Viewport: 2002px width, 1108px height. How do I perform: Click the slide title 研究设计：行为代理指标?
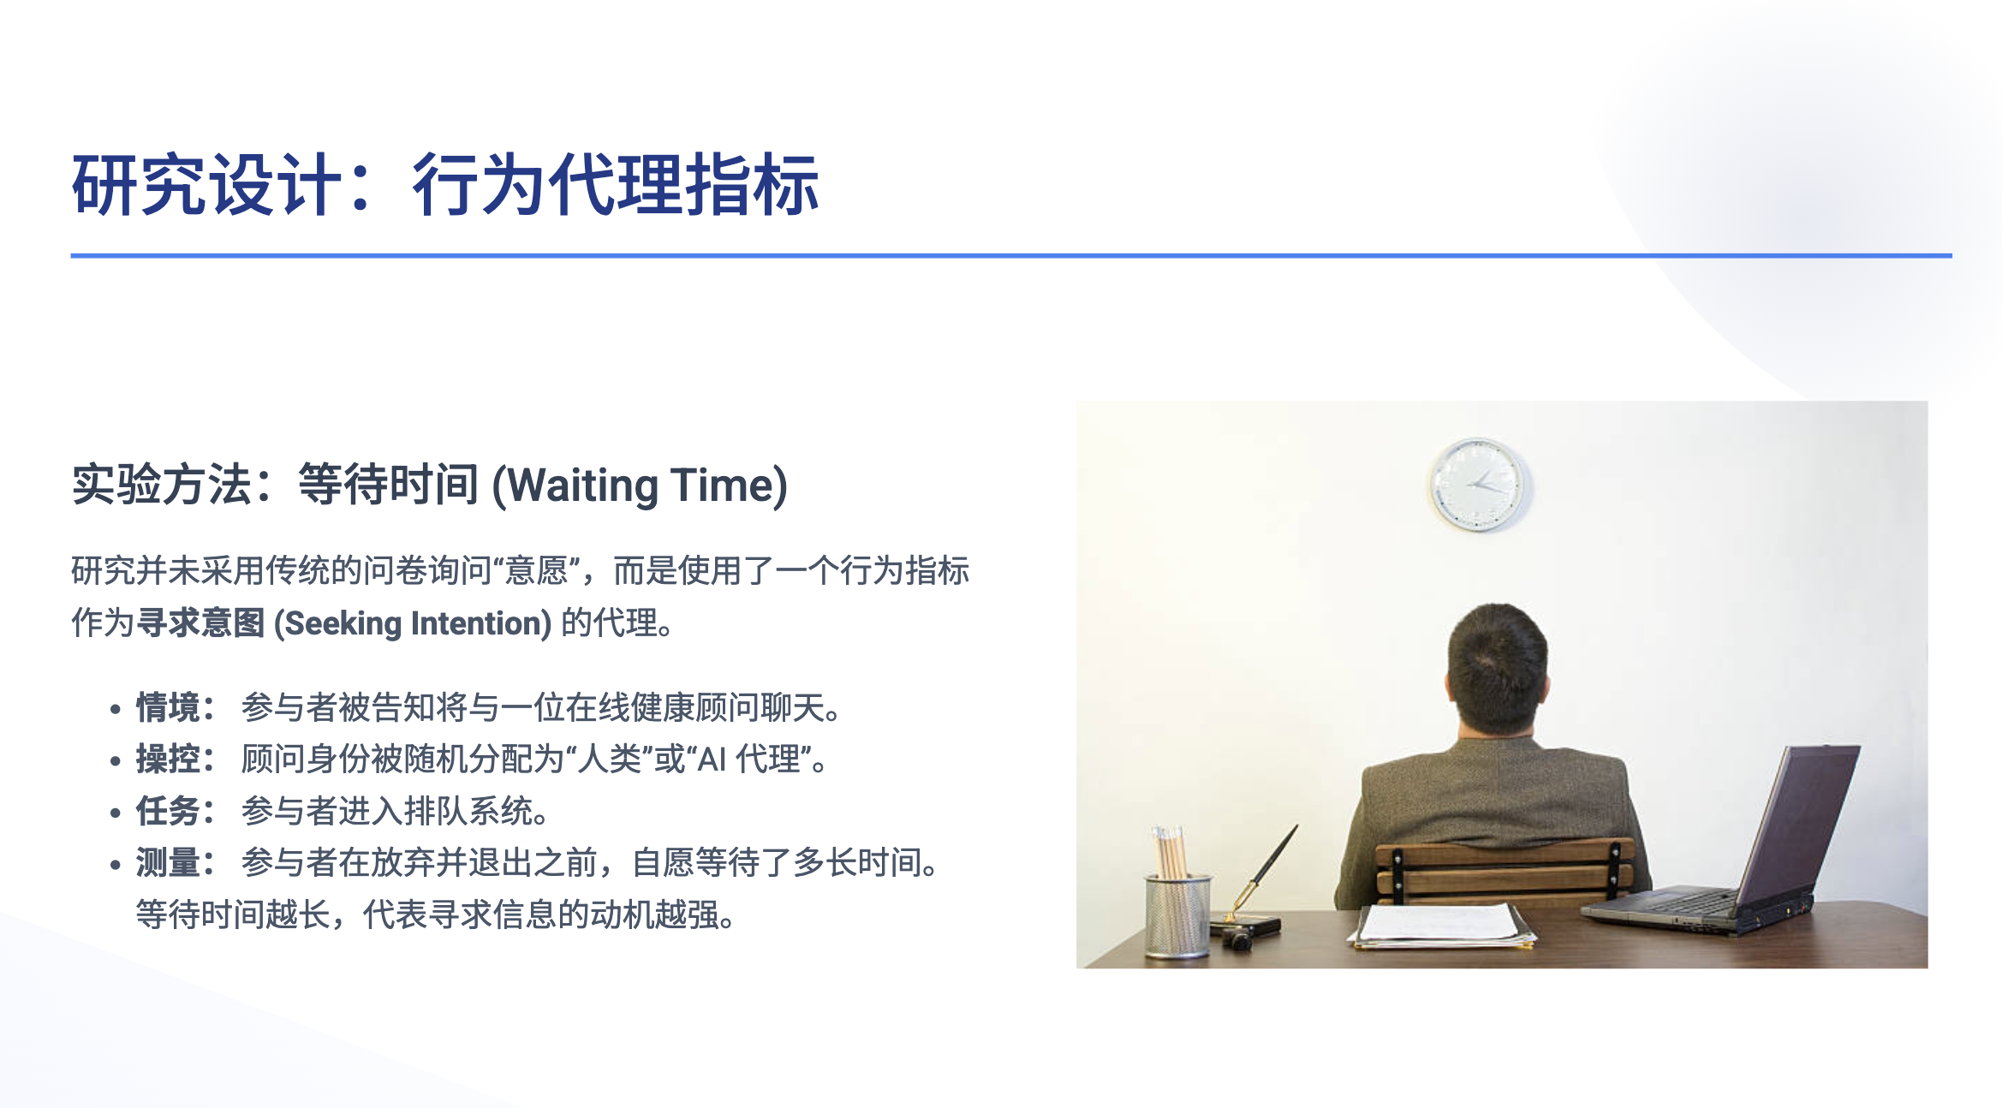point(445,184)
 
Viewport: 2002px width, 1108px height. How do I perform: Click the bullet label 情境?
point(168,708)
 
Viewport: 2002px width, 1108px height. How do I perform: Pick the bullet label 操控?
point(168,760)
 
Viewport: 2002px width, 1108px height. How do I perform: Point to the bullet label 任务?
point(168,811)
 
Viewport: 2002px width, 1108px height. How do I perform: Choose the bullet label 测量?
point(168,862)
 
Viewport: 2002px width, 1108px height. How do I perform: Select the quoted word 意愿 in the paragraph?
point(537,571)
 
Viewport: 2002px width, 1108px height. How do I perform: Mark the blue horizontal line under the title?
point(1010,255)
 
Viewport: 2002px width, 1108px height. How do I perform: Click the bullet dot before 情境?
point(116,710)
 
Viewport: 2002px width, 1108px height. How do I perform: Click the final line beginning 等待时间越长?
point(435,914)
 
